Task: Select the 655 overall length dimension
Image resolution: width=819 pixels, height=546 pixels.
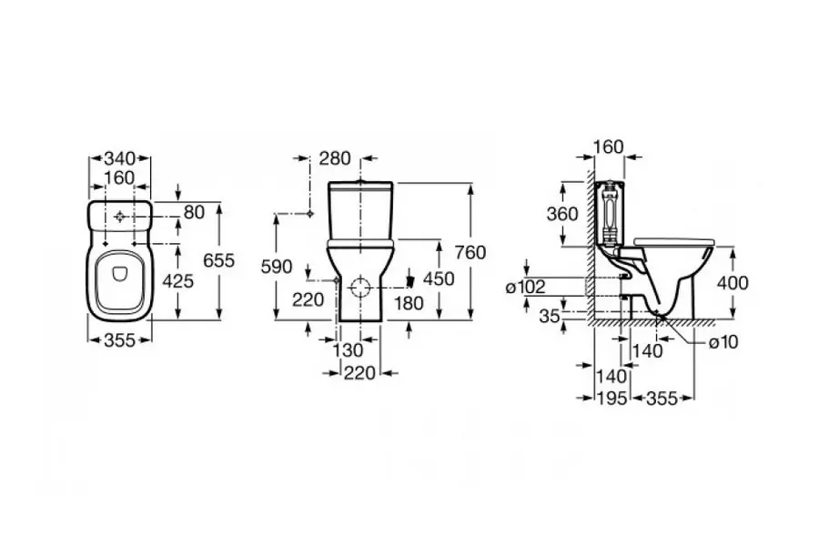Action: coord(218,260)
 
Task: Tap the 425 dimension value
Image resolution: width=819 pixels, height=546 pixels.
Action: coord(178,282)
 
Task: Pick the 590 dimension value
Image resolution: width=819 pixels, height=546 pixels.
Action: coord(278,267)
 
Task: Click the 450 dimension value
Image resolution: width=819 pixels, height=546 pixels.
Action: coord(438,279)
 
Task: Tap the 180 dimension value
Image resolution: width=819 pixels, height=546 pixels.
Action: coord(409,303)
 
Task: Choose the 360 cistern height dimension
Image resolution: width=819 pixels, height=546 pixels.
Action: coord(563,216)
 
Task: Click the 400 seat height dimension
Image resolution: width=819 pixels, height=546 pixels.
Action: coord(733,283)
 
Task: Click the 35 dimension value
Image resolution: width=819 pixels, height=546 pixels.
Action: coord(549,316)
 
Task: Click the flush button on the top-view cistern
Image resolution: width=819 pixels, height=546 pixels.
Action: coord(121,217)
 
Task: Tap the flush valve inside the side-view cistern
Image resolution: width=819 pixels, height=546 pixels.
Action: coord(608,211)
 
